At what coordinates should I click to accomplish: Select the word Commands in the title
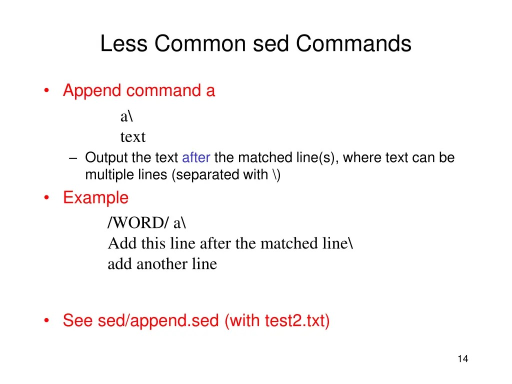[x=353, y=44]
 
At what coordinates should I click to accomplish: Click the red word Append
[x=92, y=91]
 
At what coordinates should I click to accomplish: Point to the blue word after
[x=196, y=158]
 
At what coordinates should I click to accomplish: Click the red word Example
[x=95, y=198]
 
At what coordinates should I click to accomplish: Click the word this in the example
[x=154, y=243]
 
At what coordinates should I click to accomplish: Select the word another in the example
[x=159, y=264]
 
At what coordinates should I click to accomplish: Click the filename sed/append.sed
[x=158, y=320]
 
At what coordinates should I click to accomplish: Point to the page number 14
[x=462, y=358]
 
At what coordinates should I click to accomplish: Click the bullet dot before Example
[x=46, y=198]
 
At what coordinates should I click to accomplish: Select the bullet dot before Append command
[x=46, y=91]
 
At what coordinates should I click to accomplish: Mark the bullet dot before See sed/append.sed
[x=46, y=320]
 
